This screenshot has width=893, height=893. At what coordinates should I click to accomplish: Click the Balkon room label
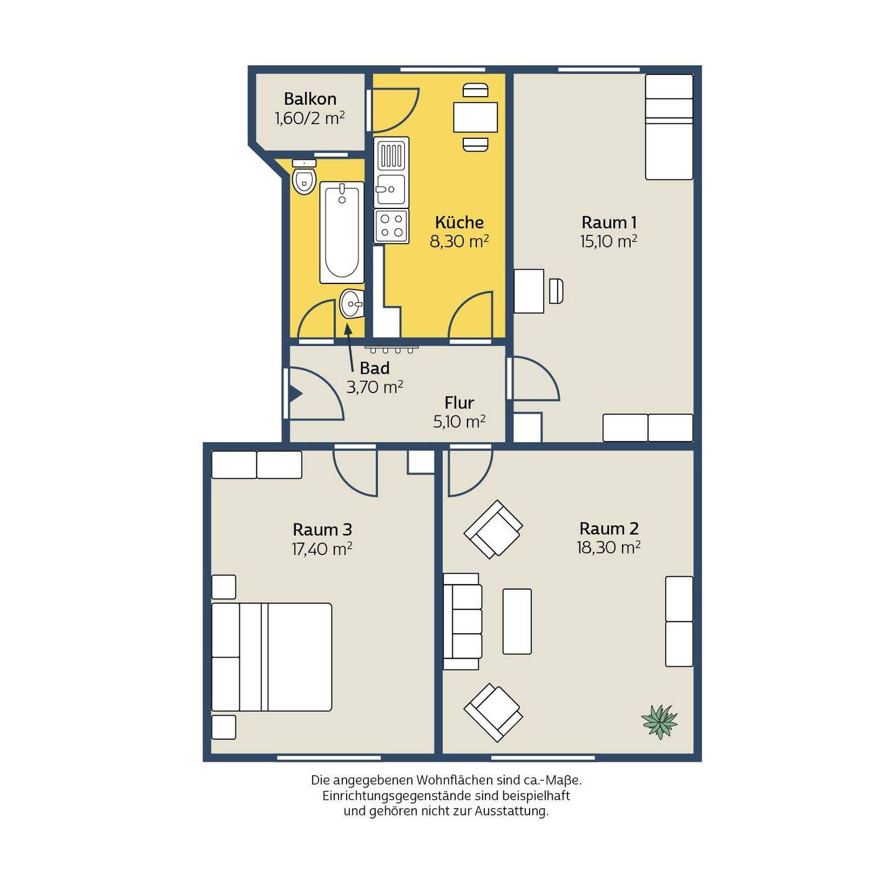point(310,99)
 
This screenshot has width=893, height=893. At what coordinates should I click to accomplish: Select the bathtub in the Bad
point(342,233)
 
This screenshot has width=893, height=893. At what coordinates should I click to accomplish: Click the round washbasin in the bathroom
point(352,303)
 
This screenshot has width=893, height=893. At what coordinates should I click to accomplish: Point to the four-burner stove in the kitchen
point(391,226)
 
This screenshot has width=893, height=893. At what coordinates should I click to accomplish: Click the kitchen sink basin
point(391,189)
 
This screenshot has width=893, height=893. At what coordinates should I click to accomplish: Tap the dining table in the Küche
point(476,117)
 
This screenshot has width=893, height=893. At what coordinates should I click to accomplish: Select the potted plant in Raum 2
point(659,721)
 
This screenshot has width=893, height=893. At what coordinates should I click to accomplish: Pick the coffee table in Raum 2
point(517,621)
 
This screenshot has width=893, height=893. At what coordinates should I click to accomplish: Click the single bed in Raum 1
point(669,127)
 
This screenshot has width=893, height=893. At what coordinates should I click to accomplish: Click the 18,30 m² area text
point(608,548)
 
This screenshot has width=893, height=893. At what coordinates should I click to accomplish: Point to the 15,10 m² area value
point(608,241)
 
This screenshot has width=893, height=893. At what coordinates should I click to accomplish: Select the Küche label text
point(460,223)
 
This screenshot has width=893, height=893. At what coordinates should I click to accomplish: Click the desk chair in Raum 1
point(556,291)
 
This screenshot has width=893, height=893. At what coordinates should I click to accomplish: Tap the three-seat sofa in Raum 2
point(463,621)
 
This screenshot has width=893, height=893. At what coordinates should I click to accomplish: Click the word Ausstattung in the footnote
point(511,824)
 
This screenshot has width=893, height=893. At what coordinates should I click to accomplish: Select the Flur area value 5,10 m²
point(460,422)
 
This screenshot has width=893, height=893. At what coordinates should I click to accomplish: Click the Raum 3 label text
point(322,529)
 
